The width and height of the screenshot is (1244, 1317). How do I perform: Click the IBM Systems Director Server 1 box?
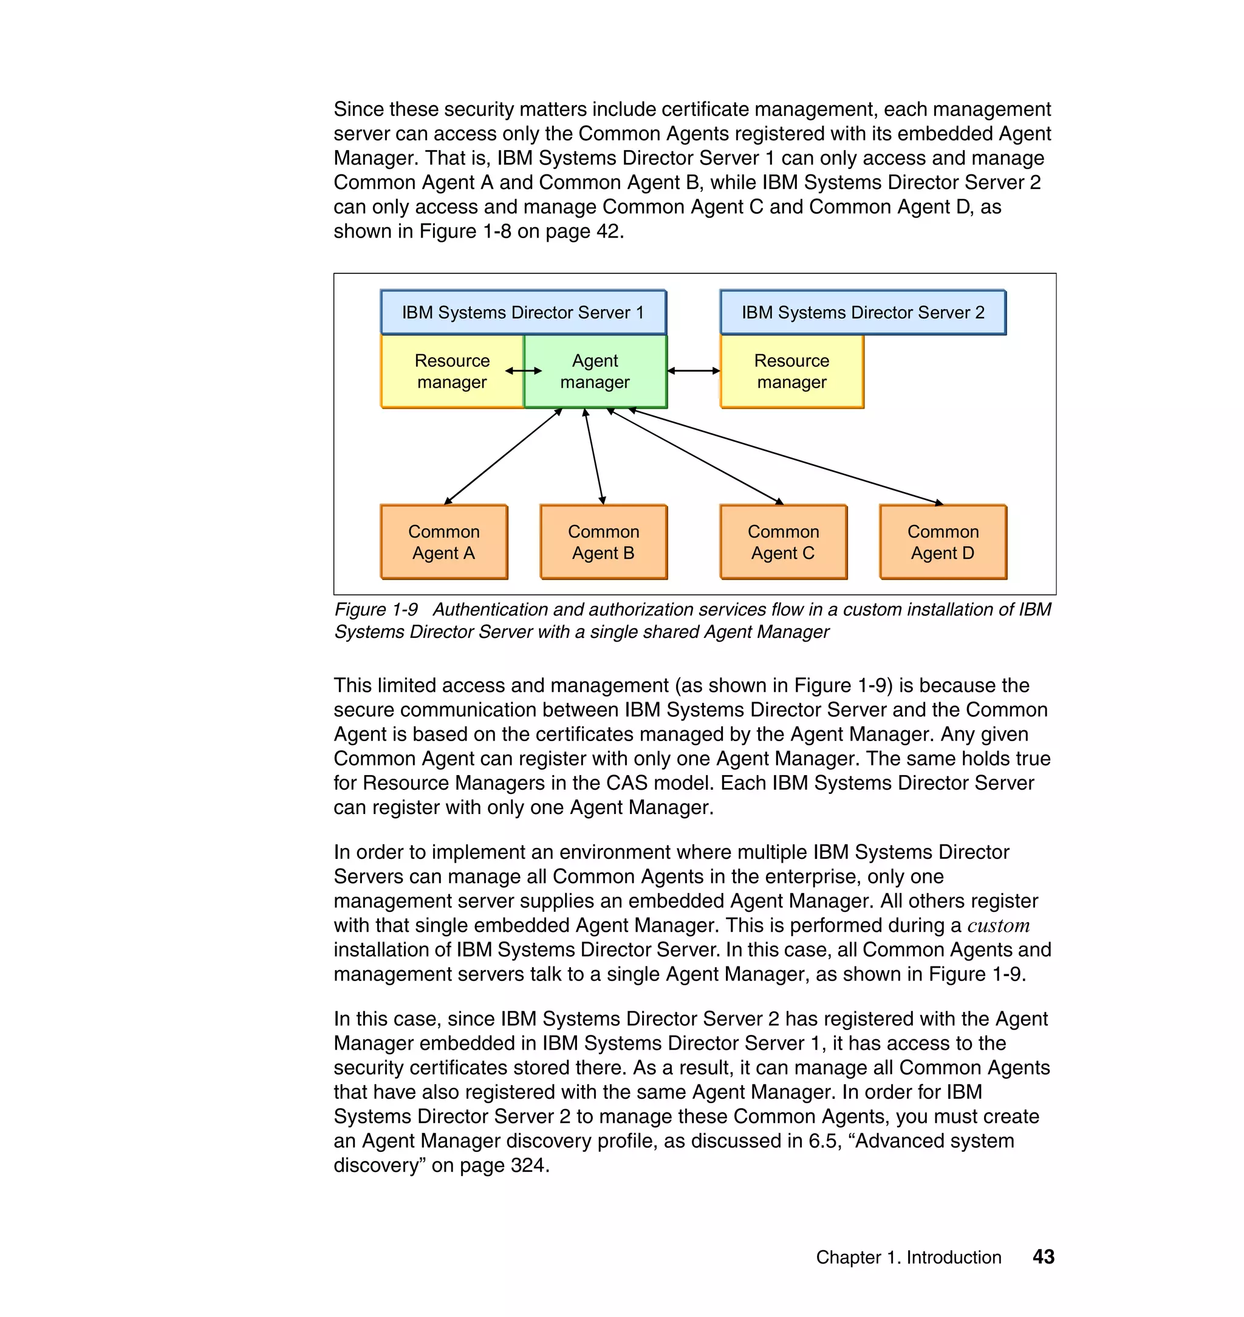522,312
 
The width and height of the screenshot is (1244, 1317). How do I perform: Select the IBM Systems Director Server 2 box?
862,312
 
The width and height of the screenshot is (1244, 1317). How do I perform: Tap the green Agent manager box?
595,371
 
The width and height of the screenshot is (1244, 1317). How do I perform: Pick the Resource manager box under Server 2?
791,371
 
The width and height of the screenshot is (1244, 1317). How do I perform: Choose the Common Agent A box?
443,542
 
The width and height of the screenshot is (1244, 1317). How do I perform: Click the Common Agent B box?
603,542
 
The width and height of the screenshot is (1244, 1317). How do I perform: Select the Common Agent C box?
783,542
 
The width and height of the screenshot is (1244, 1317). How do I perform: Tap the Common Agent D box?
942,542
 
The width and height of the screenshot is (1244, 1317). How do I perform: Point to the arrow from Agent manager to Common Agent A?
502,457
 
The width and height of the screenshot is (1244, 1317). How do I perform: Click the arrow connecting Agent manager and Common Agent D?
786,457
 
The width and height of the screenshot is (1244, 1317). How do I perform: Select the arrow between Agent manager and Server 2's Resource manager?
693,371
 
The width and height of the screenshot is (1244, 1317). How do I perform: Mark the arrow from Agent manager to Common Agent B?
594,457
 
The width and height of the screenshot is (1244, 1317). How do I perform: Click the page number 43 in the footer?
1043,1257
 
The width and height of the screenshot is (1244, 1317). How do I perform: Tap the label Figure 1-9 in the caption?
376,609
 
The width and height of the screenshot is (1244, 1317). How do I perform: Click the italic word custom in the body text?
998,925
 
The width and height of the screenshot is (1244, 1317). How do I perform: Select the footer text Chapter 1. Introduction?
908,1257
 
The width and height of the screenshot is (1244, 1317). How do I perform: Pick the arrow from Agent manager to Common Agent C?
695,457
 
